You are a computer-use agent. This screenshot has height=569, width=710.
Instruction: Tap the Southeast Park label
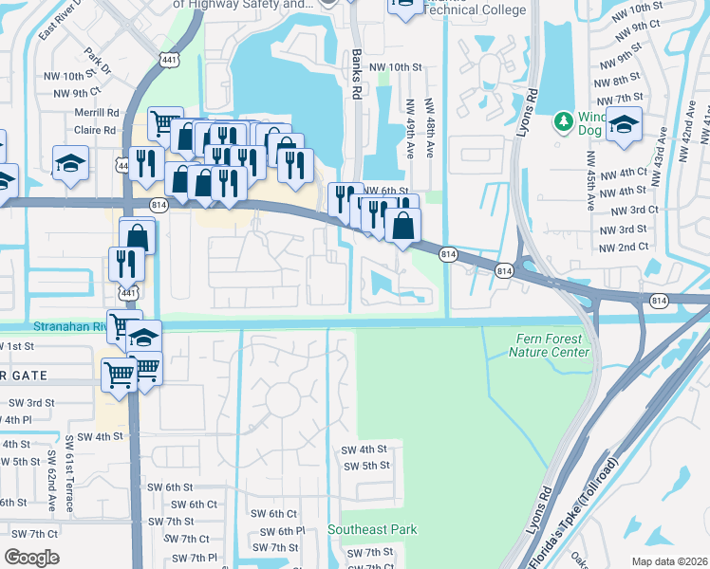(372, 529)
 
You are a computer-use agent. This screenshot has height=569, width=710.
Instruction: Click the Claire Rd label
(96, 130)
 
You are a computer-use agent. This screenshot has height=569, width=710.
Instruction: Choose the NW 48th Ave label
(429, 122)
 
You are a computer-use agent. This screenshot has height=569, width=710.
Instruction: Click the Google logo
(31, 558)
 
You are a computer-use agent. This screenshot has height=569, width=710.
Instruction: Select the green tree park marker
(563, 121)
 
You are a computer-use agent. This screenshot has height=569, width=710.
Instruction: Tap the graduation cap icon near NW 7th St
(624, 125)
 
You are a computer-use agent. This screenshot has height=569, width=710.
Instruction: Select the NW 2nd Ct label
(624, 248)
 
